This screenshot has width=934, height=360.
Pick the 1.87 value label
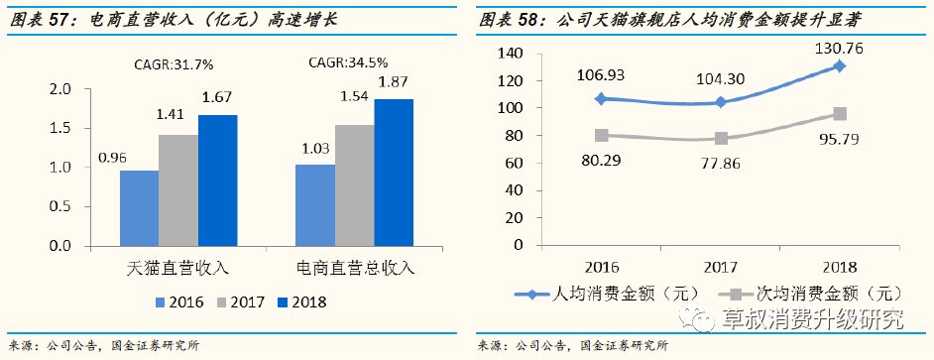point(394,82)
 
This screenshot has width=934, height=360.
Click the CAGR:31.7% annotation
point(174,65)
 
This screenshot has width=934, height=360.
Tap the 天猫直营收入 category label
point(178,268)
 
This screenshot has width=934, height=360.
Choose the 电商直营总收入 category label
point(355,268)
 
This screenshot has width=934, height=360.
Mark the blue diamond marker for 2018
point(839,66)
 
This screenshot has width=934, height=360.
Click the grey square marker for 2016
point(602,136)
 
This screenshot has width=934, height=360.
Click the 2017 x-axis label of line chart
point(721,266)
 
